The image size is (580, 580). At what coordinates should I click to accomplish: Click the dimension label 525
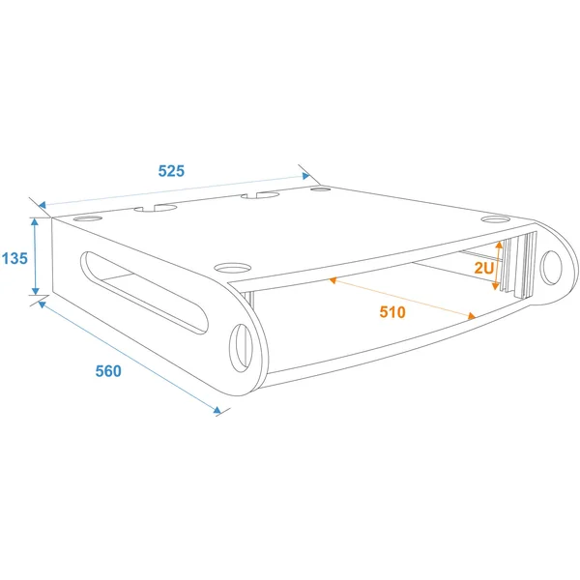click(171, 171)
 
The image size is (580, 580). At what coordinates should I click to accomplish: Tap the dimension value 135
click(14, 258)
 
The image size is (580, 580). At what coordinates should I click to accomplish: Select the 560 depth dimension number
click(108, 371)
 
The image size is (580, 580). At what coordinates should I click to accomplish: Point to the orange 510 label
click(392, 312)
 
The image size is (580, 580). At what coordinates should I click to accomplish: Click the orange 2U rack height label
click(484, 268)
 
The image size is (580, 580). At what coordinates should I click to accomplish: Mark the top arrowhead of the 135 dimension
click(35, 221)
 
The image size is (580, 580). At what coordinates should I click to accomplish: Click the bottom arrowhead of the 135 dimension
click(35, 291)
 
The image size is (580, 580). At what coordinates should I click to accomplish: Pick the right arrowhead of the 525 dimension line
click(305, 176)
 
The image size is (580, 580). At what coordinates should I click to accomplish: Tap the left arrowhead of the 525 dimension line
click(43, 205)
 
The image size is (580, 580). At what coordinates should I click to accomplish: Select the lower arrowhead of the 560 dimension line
click(217, 410)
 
